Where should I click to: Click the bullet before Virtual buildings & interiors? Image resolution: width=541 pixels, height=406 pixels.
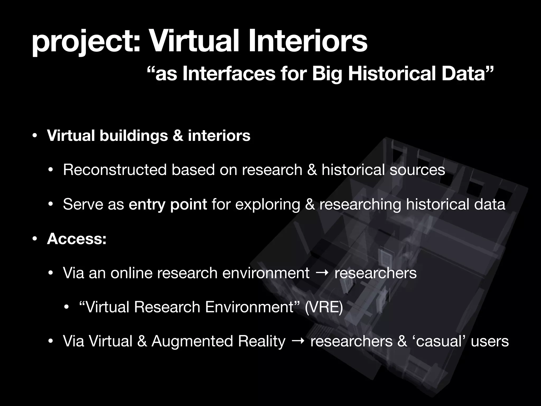pyautogui.click(x=34, y=136)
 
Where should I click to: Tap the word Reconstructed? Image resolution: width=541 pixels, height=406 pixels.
pyautogui.click(x=115, y=170)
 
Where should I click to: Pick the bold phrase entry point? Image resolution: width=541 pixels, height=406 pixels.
pyautogui.click(x=168, y=204)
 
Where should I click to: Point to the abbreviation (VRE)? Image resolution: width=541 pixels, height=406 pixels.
pyautogui.click(x=324, y=307)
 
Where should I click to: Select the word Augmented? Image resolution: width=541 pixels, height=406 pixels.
pyautogui.click(x=192, y=341)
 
